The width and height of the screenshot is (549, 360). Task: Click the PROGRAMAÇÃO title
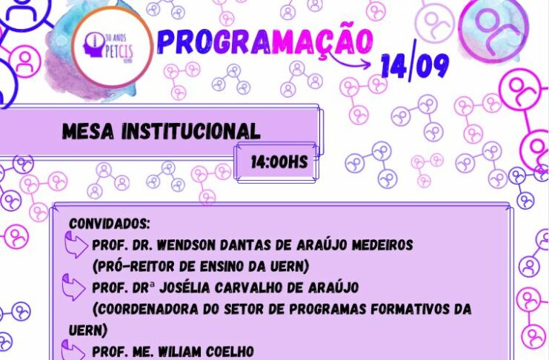(264, 41)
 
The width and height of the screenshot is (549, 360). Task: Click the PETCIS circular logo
(113, 47)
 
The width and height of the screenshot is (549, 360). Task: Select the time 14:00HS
(279, 161)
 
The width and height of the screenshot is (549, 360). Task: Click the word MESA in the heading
(88, 131)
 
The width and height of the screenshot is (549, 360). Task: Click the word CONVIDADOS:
(110, 224)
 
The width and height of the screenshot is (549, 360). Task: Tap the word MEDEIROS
(382, 244)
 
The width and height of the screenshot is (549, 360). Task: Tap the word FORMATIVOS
(408, 309)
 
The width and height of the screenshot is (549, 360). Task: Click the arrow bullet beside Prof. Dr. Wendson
(76, 244)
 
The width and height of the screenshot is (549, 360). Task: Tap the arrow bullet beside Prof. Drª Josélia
(73, 287)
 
